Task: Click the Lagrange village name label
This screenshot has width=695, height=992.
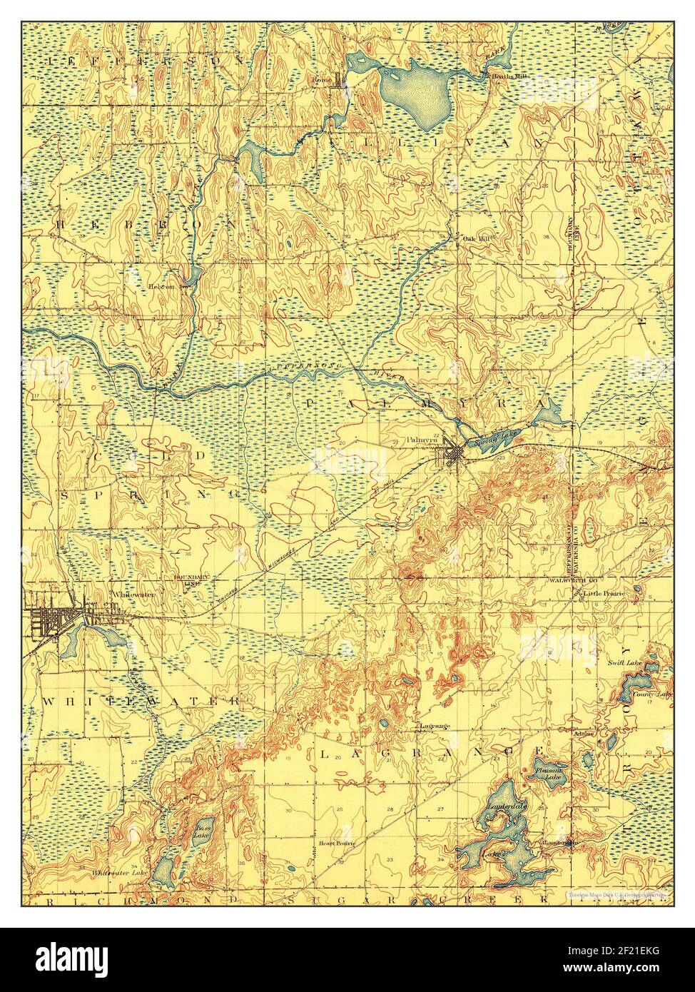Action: coord(435,727)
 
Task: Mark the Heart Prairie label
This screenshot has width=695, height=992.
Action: coord(337,843)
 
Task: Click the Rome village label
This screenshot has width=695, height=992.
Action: coord(323,80)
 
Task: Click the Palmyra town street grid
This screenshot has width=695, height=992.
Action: coord(453,452)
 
